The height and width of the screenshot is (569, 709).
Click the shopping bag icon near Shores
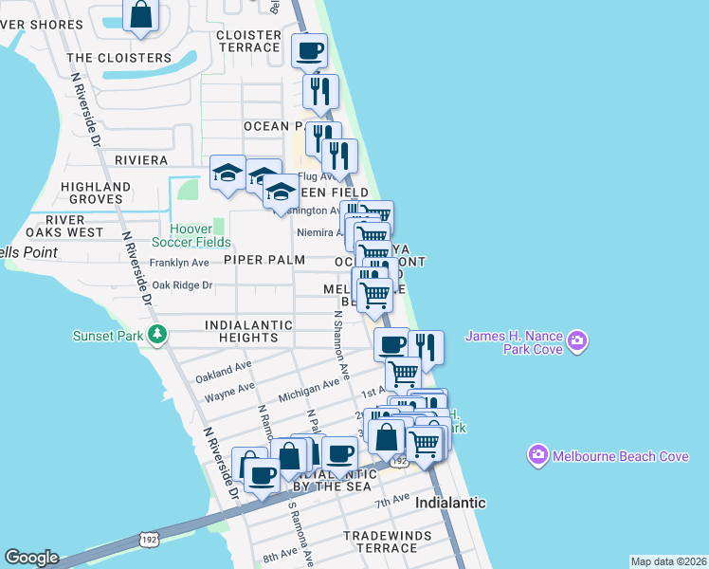(x=140, y=15)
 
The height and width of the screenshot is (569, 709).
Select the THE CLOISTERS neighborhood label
(x=119, y=58)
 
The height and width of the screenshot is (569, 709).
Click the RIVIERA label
(x=141, y=160)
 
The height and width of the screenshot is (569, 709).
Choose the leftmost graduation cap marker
(x=227, y=173)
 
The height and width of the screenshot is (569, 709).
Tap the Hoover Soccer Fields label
(x=200, y=235)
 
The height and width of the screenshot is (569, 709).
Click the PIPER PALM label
(x=264, y=260)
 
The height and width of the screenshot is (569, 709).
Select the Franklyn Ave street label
(x=180, y=263)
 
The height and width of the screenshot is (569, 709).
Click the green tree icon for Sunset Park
(x=159, y=335)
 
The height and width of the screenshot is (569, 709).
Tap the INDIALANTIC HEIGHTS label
(x=242, y=331)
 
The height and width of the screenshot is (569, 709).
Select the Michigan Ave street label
(x=309, y=389)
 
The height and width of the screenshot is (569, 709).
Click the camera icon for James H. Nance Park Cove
(x=578, y=340)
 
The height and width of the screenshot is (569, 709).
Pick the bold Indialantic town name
(x=450, y=503)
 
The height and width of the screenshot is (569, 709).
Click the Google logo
(x=31, y=558)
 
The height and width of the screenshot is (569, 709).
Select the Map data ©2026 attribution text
(x=668, y=561)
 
